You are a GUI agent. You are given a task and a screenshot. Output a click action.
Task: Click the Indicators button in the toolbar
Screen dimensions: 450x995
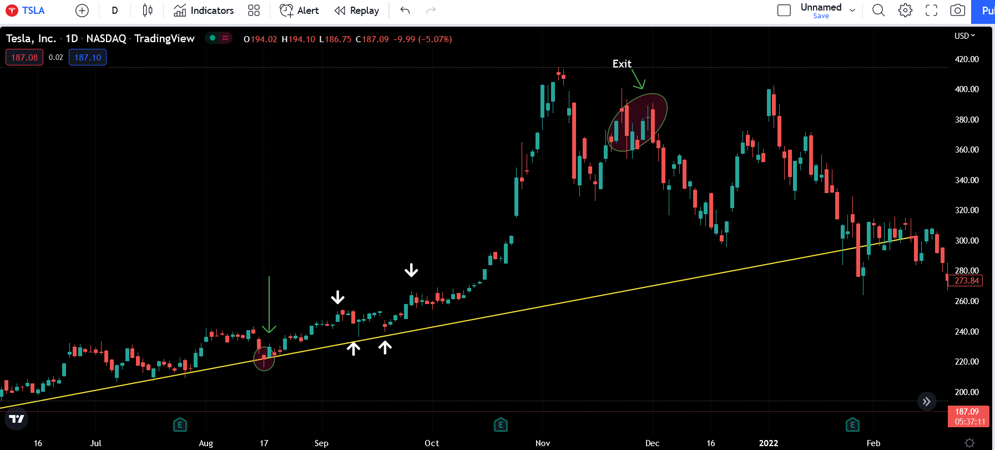tap(204, 11)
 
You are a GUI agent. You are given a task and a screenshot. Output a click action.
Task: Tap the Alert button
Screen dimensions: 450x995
tap(300, 11)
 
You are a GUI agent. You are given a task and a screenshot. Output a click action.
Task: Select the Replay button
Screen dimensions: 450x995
tap(357, 11)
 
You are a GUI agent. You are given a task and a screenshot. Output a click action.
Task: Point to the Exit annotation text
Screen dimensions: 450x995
tap(622, 64)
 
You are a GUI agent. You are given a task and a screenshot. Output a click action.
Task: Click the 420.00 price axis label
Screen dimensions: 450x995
tap(966, 59)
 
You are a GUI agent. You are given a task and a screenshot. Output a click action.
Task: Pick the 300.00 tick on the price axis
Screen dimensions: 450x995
tap(966, 241)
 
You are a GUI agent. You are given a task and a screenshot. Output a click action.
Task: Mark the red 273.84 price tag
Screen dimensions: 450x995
tap(966, 281)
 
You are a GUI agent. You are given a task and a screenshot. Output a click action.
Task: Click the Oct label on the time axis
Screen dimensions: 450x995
tap(432, 443)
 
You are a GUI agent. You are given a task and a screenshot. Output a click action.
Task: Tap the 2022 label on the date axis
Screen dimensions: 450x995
tap(769, 443)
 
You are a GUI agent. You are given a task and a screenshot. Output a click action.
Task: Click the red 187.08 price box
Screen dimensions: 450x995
tap(24, 57)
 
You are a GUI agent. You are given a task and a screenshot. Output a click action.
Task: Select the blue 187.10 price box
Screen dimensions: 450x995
tap(88, 57)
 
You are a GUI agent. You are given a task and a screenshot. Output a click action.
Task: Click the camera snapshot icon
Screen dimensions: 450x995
tap(958, 10)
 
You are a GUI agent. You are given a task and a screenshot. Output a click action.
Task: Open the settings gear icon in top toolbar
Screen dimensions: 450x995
tap(905, 10)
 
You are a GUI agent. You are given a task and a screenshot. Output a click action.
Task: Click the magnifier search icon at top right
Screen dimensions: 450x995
tap(878, 10)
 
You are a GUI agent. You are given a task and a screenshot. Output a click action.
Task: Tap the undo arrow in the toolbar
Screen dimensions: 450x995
tap(405, 10)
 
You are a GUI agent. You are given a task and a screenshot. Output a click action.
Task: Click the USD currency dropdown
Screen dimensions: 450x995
tap(964, 36)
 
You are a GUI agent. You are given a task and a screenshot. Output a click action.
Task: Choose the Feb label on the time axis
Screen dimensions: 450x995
tap(873, 443)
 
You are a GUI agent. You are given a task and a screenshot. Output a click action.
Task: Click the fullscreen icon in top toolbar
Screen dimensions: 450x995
tap(932, 10)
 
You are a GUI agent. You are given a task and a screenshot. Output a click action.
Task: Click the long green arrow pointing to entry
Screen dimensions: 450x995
tap(269, 305)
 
